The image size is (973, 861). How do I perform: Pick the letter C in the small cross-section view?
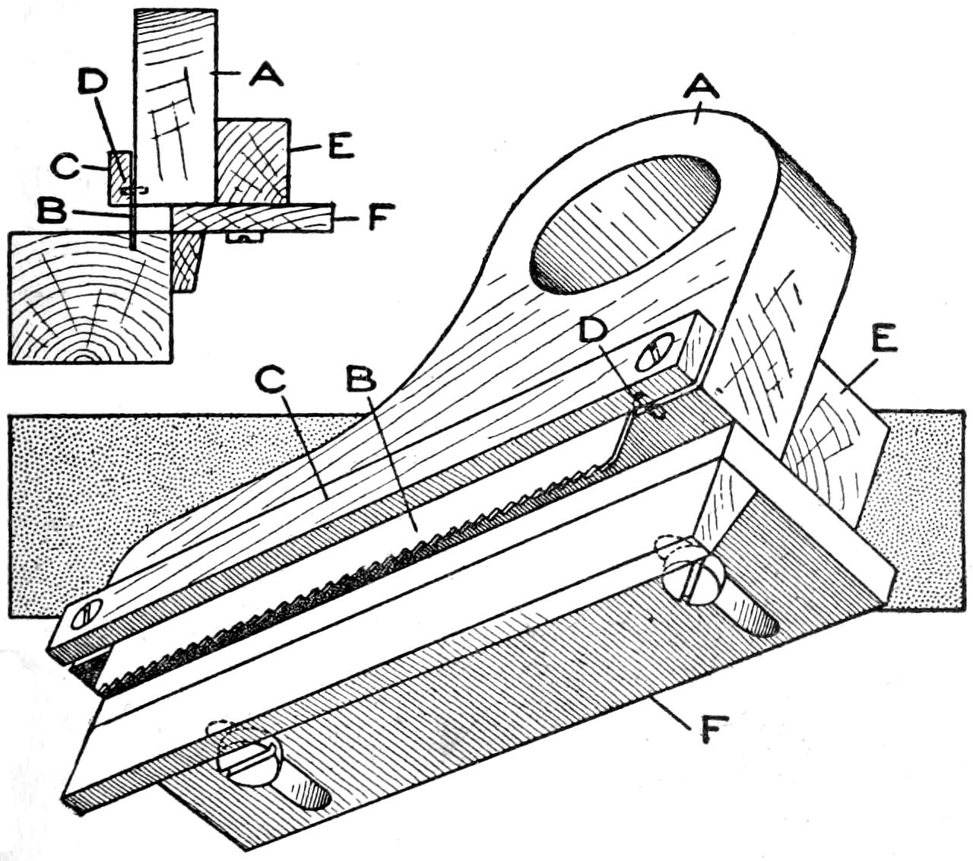coord(66,165)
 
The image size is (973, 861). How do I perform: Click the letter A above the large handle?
coord(701,91)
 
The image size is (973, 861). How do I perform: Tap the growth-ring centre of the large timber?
coord(86,355)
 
